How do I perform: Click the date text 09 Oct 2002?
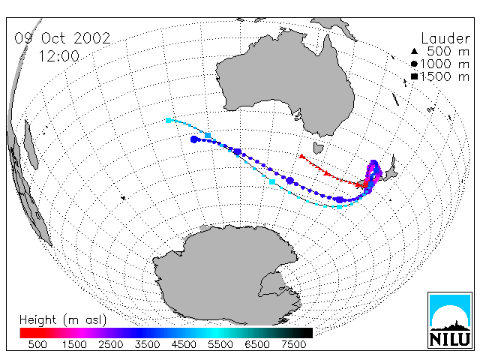click(x=62, y=38)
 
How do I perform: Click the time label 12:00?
click(x=59, y=56)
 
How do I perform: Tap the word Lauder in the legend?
click(x=445, y=39)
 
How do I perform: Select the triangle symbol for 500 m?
click(x=414, y=51)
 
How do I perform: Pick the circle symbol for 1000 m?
click(x=414, y=64)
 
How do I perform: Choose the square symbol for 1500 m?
click(x=414, y=76)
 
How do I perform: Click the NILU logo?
click(x=450, y=320)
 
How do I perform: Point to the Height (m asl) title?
click(x=63, y=320)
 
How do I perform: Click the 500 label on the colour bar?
click(x=37, y=345)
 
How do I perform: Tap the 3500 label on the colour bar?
click(x=147, y=345)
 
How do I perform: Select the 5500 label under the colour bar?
click(x=220, y=345)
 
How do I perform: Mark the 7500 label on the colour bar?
click(x=293, y=345)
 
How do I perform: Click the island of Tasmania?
click(x=318, y=148)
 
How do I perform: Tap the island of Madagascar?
click(x=31, y=145)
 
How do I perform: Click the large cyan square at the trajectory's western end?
click(x=168, y=120)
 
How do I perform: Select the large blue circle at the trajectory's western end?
click(x=193, y=139)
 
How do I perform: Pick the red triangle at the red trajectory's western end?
click(x=301, y=157)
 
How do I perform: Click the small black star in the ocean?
click(x=123, y=198)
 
